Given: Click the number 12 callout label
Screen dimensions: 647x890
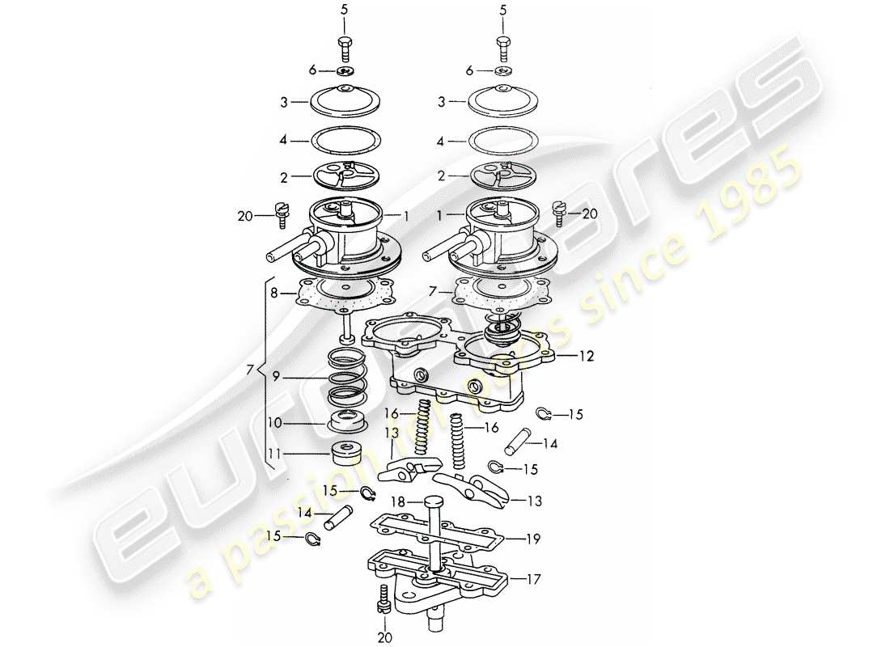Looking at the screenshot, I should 585,356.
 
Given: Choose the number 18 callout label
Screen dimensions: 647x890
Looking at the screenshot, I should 398,502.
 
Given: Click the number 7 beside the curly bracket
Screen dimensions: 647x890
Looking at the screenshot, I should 250,371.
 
